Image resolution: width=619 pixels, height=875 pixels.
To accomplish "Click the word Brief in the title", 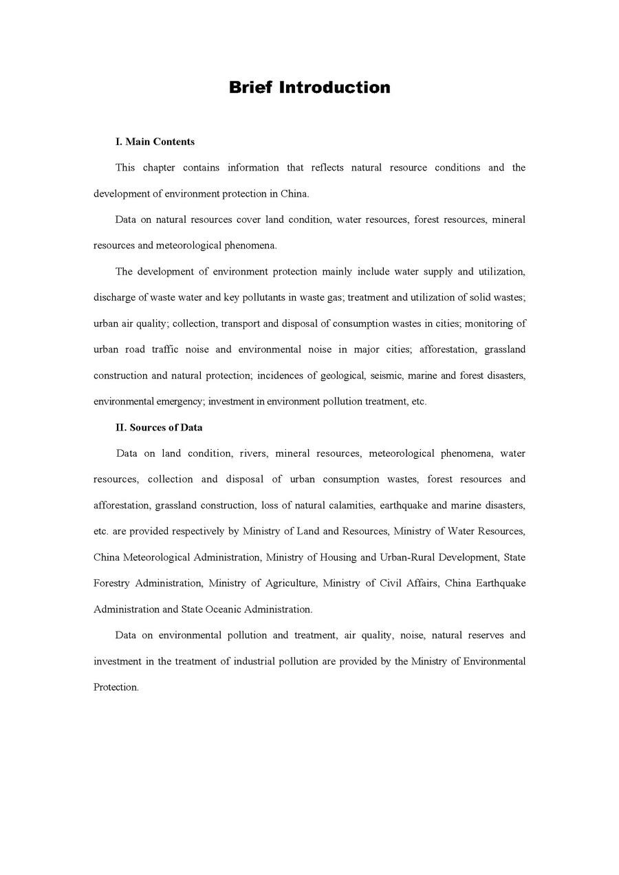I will click(x=251, y=87).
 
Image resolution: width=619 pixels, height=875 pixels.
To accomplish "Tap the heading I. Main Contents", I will click(x=155, y=142).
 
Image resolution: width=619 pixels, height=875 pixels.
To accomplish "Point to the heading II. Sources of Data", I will click(x=159, y=427).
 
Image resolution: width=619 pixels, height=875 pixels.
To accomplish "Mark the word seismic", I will click(x=389, y=376).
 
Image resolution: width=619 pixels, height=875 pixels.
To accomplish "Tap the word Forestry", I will click(x=111, y=583).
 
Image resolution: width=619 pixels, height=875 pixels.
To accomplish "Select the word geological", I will click(x=341, y=376).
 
